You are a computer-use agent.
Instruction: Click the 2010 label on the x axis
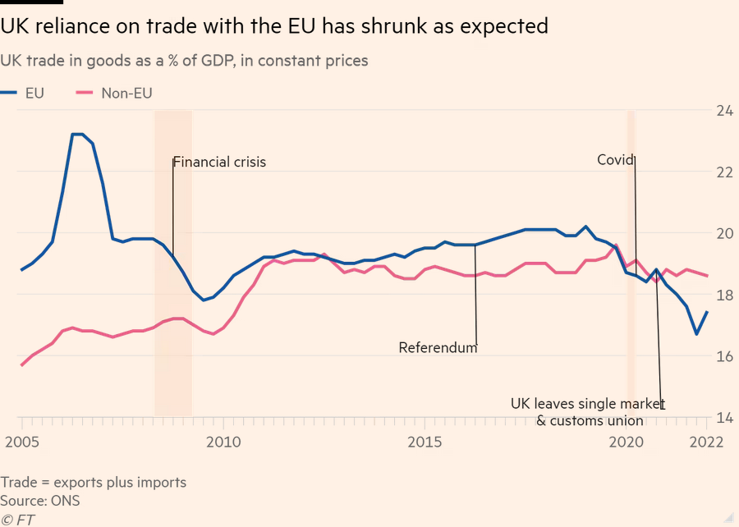(x=223, y=442)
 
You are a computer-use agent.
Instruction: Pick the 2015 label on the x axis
(x=425, y=442)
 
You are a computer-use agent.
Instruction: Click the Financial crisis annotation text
(x=219, y=162)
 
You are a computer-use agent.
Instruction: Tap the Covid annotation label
(x=614, y=160)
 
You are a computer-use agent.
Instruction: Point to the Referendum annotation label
(x=438, y=347)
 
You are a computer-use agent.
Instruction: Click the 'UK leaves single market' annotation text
(x=585, y=404)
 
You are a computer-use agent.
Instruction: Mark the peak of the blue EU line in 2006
(x=77, y=134)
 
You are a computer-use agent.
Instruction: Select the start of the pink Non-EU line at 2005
(x=21, y=365)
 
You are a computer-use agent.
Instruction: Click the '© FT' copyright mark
(x=18, y=518)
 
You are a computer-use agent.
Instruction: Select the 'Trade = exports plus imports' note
(x=94, y=482)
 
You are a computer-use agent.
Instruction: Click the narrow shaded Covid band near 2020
(x=631, y=263)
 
